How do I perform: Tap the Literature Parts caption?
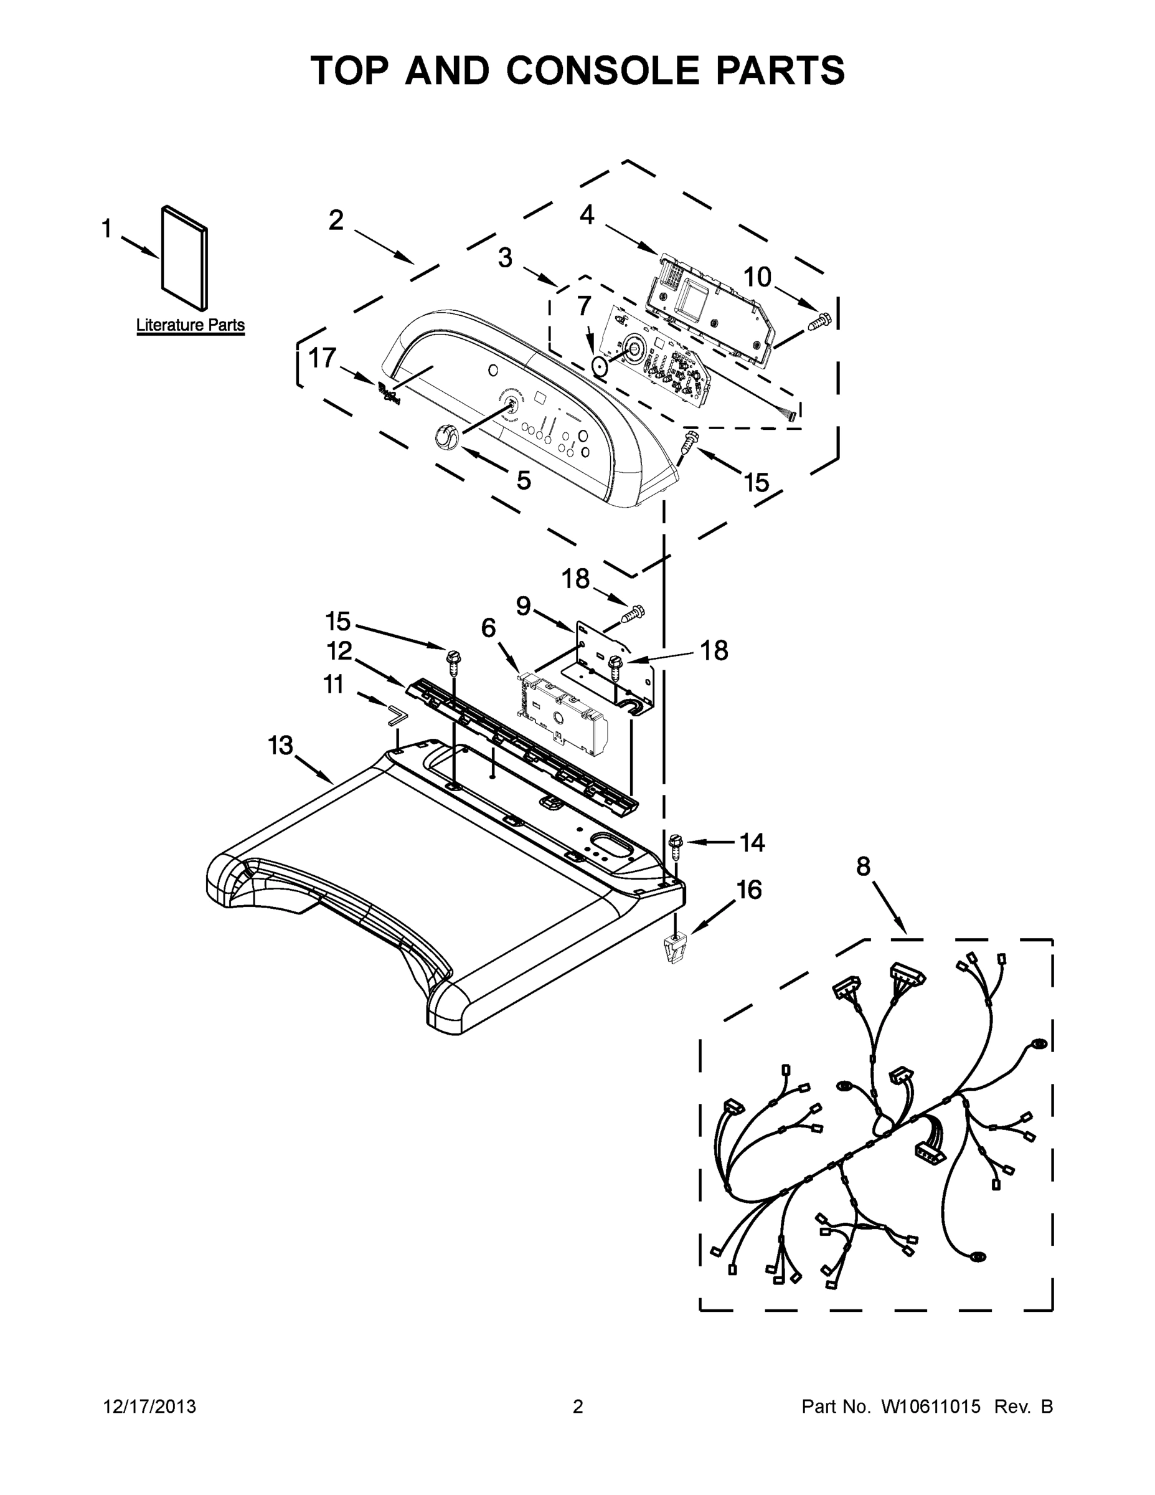(191, 325)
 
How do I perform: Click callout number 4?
(587, 215)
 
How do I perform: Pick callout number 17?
(323, 358)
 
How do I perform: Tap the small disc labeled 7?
(600, 368)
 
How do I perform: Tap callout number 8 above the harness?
(864, 866)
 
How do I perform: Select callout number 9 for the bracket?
(523, 606)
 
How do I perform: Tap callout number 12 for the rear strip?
(339, 651)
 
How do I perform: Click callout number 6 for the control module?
(489, 628)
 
